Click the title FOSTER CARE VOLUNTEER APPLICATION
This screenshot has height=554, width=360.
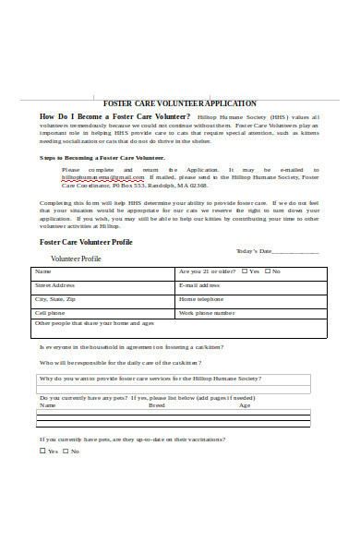180,103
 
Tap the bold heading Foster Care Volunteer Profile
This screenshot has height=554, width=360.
86,242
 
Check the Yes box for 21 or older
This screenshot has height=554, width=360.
245,271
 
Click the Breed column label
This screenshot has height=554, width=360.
157,405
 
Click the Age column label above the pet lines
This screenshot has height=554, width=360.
245,405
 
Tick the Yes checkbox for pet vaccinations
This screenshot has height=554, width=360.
42,452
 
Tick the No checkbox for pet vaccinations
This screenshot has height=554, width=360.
65,452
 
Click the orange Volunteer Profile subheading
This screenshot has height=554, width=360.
76,259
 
